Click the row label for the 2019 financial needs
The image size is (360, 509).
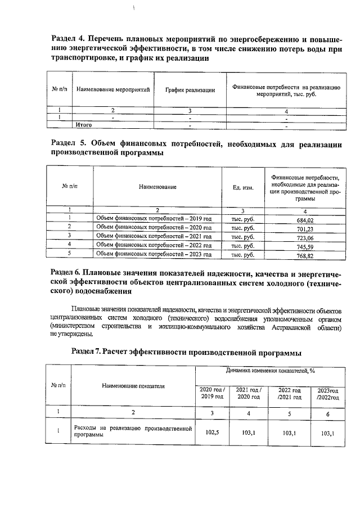[x=154, y=219]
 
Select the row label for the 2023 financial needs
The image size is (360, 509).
[x=154, y=254]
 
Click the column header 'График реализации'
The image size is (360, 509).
[x=190, y=90]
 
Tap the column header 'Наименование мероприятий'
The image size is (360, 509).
[x=113, y=90]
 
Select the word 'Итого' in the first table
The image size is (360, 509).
[x=83, y=125]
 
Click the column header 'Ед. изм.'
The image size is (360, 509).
[x=242, y=187]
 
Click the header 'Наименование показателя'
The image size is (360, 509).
[x=133, y=386]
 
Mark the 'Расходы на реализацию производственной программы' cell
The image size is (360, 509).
[x=133, y=432]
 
